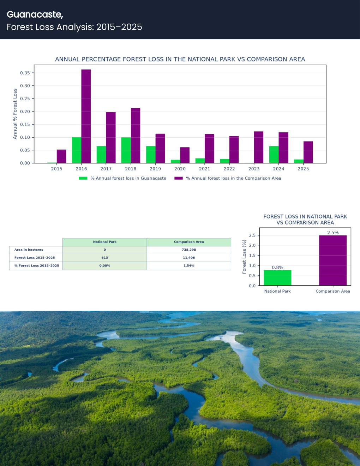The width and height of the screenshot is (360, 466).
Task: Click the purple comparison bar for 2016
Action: tap(86, 116)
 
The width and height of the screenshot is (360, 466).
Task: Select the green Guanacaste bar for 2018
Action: tap(126, 150)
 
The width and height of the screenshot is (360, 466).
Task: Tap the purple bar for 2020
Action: tap(185, 155)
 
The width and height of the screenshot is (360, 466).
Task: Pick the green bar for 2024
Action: tap(274, 155)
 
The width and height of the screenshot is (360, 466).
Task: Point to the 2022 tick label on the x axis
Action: tap(229, 169)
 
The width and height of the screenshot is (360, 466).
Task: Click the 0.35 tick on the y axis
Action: tap(25, 73)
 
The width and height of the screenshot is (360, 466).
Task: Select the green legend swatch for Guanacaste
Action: tap(83, 178)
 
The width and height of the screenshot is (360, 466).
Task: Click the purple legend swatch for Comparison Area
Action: tap(179, 178)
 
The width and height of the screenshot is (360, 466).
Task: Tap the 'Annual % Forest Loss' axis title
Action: tap(15, 114)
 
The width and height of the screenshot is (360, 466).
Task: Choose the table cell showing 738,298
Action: tap(189, 250)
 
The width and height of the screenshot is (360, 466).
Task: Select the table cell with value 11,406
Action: tap(189, 258)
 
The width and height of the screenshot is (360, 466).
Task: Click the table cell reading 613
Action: tap(104, 258)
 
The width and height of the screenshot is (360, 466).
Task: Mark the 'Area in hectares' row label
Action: tap(29, 250)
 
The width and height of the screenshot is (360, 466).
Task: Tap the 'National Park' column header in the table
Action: tap(104, 242)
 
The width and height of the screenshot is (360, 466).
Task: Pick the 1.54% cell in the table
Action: tap(189, 266)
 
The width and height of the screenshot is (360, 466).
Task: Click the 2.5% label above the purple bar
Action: tap(333, 233)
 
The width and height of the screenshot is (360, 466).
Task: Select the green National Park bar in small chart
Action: tap(277, 278)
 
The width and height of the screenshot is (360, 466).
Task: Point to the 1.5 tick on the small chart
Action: tap(252, 255)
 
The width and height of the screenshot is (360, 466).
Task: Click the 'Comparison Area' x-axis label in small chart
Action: tap(333, 291)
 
